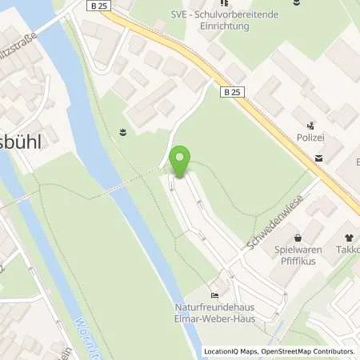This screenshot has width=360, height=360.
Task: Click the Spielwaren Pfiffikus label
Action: click(298, 255)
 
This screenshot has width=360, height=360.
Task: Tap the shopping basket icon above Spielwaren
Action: click(298, 238)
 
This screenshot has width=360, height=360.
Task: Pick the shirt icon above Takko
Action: click(349, 238)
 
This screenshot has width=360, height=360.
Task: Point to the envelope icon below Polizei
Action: click(319, 158)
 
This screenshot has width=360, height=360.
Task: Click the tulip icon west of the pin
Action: click(122, 132)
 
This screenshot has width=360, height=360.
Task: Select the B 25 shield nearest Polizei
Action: click(231, 92)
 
